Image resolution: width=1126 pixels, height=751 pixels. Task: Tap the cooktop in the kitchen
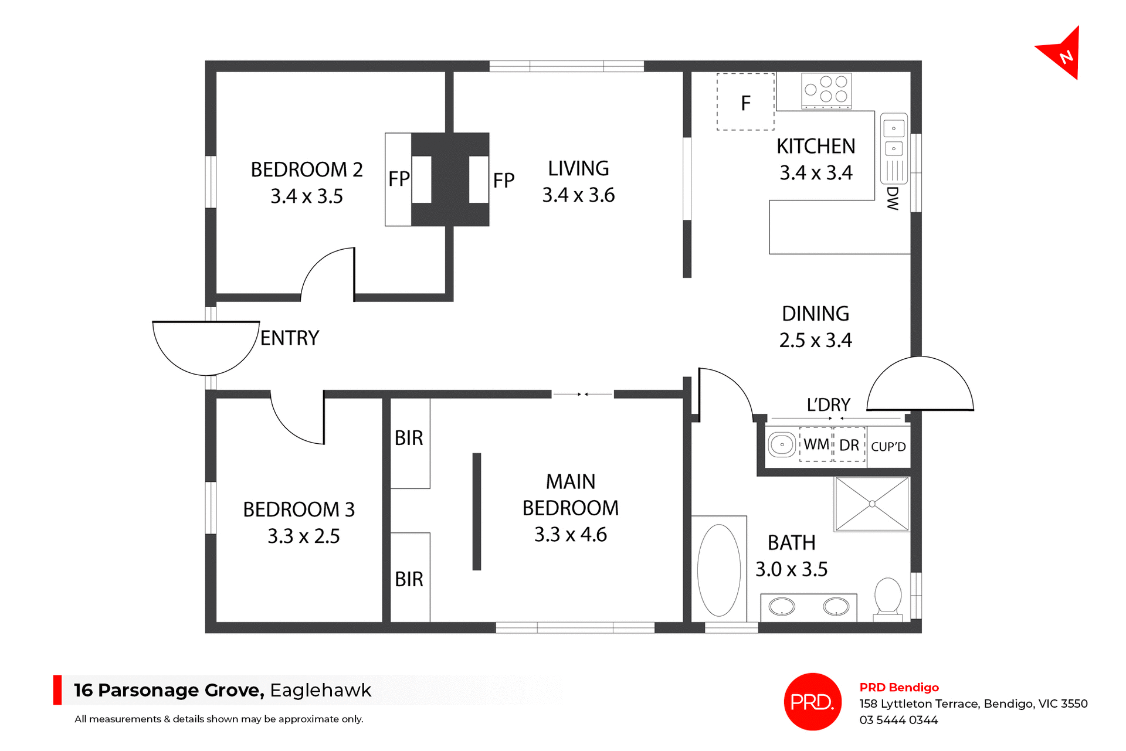(826, 91)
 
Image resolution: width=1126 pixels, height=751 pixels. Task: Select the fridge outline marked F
(745, 102)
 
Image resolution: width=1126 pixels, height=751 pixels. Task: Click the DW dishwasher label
(892, 198)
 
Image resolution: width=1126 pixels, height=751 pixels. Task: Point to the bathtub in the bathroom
(718, 570)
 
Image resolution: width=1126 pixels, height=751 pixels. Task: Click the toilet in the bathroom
(887, 597)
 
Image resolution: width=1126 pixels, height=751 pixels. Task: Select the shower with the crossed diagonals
(872, 504)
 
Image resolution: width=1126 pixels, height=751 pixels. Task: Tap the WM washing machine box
(816, 444)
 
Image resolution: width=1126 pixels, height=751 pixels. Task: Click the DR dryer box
(849, 445)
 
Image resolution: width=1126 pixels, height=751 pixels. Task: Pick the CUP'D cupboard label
(888, 447)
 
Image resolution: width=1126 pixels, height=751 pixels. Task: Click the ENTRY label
(290, 338)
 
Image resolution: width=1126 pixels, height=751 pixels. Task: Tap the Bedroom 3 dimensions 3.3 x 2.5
(303, 536)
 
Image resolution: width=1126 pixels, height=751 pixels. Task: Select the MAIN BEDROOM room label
(570, 494)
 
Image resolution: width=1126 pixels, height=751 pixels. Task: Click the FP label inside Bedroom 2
(399, 179)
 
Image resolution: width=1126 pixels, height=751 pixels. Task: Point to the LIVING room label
(578, 169)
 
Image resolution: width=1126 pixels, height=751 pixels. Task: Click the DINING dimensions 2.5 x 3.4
(815, 340)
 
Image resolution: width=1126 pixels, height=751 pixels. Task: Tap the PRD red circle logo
(812, 701)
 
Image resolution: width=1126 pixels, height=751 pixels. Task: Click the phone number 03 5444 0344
(898, 720)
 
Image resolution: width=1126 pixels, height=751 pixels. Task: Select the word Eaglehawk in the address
(320, 690)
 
